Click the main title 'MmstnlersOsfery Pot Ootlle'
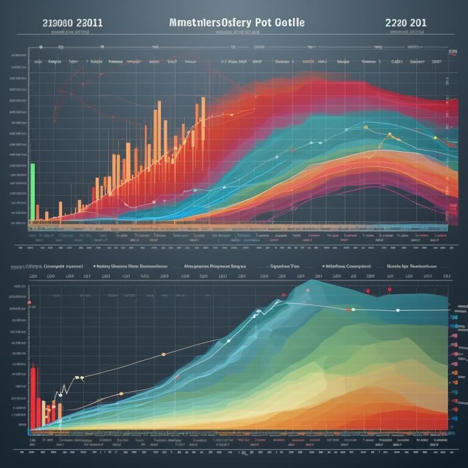click(235, 22)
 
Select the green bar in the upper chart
click(32, 191)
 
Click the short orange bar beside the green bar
click(38, 212)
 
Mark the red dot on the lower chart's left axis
click(29, 302)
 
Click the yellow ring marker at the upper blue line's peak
click(366, 127)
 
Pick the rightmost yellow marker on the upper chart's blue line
click(435, 138)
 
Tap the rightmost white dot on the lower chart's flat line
click(398, 310)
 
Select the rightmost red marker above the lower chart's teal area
click(390, 290)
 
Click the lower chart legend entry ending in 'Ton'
click(283, 266)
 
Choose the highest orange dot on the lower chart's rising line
click(163, 354)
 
